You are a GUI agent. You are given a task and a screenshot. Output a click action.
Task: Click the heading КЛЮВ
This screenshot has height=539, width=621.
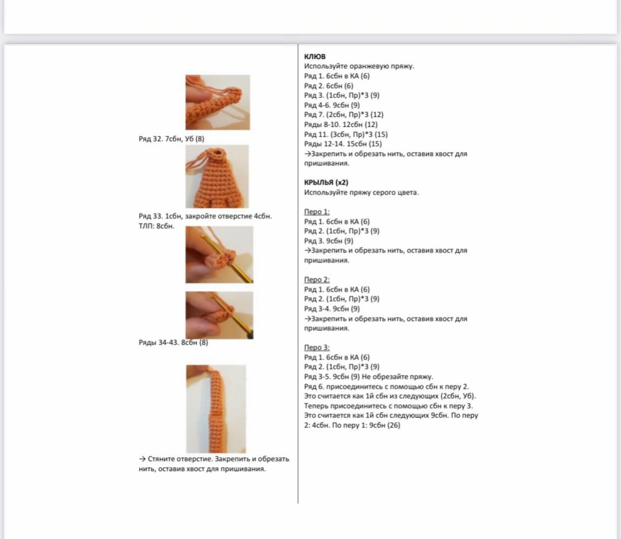[315, 56]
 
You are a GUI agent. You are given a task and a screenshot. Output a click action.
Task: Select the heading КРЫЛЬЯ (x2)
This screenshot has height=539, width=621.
[326, 182]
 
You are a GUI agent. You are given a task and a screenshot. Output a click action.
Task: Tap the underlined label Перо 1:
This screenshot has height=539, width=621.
[317, 212]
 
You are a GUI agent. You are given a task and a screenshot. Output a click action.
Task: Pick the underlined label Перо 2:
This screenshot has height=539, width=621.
[317, 279]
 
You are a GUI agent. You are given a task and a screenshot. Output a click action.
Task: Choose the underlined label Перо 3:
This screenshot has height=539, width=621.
[317, 347]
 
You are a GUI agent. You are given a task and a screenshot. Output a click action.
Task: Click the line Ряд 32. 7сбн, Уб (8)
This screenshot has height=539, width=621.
[171, 139]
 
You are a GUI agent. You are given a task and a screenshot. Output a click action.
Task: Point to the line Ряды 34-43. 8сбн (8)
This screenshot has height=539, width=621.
[173, 342]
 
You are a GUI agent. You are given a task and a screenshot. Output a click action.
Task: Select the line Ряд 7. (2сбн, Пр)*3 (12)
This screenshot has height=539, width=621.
[344, 115]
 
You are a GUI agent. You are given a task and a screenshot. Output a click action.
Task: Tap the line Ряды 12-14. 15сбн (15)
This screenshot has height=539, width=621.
[342, 144]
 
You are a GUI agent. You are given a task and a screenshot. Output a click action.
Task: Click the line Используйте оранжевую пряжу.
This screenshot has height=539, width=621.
[359, 66]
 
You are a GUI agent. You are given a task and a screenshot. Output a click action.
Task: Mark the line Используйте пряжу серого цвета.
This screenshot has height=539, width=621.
[361, 192]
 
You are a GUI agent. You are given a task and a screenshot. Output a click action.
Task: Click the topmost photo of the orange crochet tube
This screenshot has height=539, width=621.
[217, 103]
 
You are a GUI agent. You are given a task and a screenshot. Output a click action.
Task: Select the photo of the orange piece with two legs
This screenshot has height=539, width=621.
[217, 176]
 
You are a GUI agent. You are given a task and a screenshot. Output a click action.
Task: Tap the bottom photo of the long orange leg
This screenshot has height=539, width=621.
[216, 408]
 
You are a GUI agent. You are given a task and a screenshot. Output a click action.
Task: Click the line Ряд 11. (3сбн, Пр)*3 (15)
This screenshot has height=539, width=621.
[346, 134]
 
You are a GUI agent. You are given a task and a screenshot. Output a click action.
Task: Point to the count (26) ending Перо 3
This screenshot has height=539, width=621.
[394, 425]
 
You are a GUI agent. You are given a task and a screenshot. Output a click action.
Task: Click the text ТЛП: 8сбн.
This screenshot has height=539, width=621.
[156, 226]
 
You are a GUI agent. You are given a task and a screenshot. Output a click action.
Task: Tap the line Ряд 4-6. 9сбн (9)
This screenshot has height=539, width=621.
[332, 105]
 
